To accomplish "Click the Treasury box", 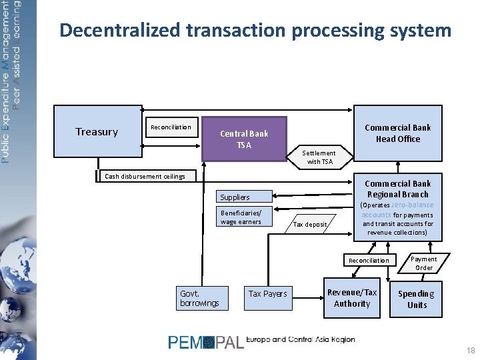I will point(97,132).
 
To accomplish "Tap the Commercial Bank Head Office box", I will point(397,133).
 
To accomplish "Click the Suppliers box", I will point(244,197).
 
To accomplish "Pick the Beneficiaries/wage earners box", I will point(244,217).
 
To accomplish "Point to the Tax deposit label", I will point(311,225).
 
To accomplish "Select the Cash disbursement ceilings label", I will point(145,177).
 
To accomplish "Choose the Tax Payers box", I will point(267,294).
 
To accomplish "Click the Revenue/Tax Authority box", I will point(352,298).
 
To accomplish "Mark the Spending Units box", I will point(417,299).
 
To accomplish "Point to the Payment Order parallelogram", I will point(424,263).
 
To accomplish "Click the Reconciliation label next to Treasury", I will point(171,127).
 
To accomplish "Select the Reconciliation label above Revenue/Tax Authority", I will point(369,261).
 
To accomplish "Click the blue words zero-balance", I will point(412,205).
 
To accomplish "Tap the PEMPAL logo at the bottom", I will point(206,343).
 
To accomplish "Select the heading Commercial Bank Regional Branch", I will point(397,189).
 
